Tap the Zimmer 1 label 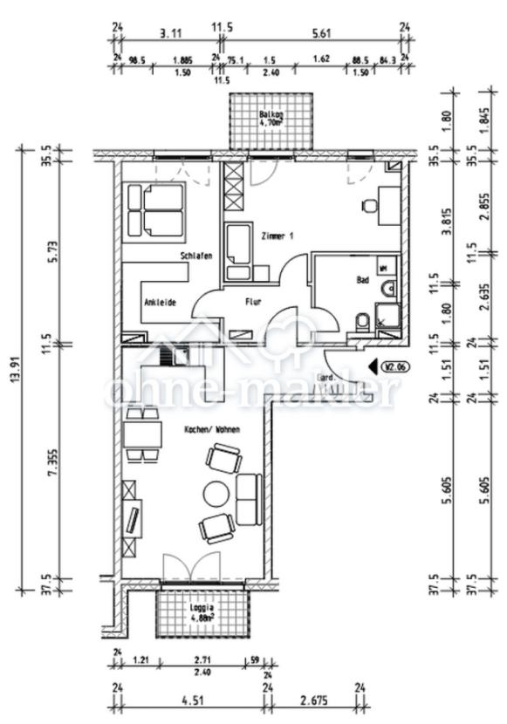tap(278, 236)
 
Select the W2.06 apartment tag tap(395, 367)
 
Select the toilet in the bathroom tap(359, 323)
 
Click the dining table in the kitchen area tap(141, 432)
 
